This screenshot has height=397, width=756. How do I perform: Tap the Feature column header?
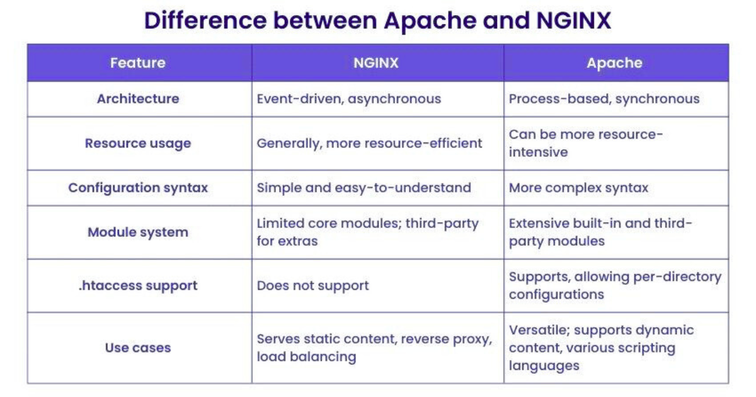point(137,63)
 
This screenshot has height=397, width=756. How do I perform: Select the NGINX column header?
point(376,63)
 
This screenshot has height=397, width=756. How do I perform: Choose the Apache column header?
point(614,63)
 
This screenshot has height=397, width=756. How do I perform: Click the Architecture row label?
point(137,99)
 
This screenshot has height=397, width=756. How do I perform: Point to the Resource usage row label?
point(137,144)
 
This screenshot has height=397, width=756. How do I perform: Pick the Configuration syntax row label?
point(137,188)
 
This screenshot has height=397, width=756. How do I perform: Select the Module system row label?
point(137,232)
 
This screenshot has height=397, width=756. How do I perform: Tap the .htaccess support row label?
point(137,285)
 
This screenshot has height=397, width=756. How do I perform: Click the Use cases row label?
point(137,347)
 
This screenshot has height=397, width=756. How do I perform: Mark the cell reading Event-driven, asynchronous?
point(348,99)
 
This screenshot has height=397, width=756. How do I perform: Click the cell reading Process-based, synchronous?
point(604,99)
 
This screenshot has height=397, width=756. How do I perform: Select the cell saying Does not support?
point(312,285)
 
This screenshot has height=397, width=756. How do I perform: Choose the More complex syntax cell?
point(578,188)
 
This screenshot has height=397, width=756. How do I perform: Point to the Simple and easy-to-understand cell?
point(364,188)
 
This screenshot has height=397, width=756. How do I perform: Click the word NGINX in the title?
point(573,20)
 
